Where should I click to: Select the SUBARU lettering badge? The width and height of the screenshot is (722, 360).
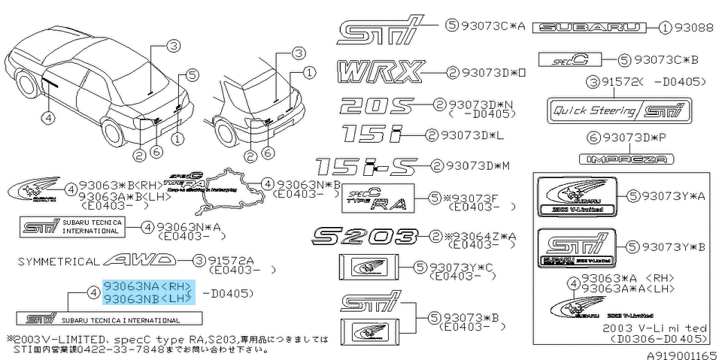pos(589,28)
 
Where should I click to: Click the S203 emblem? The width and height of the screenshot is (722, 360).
pos(364,237)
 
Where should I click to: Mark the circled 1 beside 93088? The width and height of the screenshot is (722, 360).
pos(666,28)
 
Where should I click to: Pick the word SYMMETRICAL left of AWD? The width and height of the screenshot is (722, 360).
pos(57,262)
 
